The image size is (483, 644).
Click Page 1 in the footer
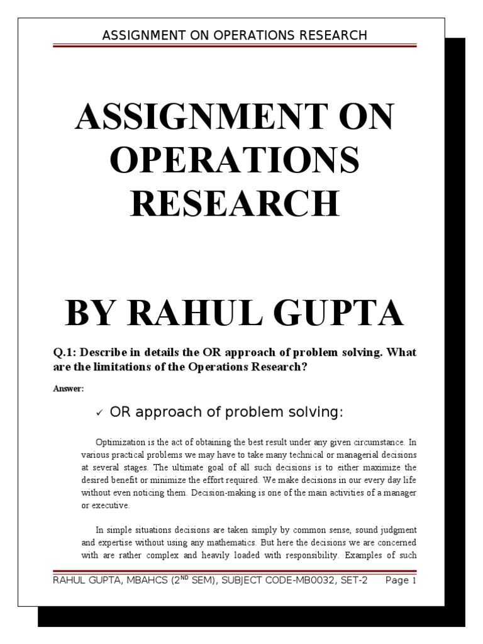pyautogui.click(x=401, y=581)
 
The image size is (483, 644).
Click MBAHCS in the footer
pyautogui.click(x=140, y=581)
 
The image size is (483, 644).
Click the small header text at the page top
pyautogui.click(x=235, y=35)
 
